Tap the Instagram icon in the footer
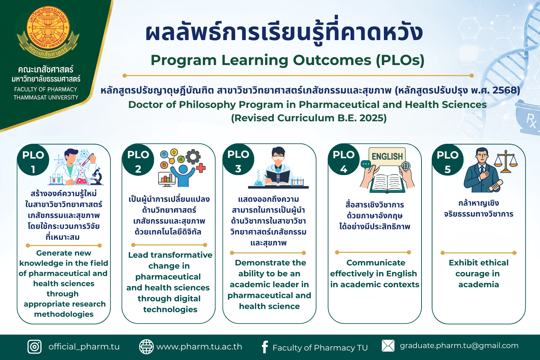pos(34,347)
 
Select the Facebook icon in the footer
pos(265,347)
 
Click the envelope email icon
pos(388,346)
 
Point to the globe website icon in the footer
pos(146,347)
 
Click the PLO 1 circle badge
pos(33,160)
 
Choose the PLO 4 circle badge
pos(344,160)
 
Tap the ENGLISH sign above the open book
pos(387,156)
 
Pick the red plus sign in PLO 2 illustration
pos(201,168)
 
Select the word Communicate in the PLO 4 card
pos(376,263)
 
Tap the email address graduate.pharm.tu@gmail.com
pos(459,346)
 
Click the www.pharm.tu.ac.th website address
pos(199,347)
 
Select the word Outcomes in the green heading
pos(332,60)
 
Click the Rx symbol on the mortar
pos(531,120)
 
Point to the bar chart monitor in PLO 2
pos(167,179)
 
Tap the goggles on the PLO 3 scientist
pos(278,158)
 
